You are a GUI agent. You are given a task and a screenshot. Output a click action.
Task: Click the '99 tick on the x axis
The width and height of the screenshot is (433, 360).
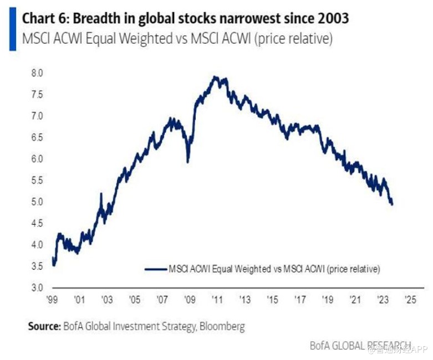pos(52,300)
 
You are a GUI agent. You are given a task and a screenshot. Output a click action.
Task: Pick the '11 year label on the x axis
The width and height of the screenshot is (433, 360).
pos(217,300)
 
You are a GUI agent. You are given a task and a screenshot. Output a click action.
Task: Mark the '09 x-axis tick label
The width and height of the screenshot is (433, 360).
pos(190,300)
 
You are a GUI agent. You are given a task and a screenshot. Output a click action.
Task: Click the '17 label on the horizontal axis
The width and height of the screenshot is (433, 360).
pos(299,300)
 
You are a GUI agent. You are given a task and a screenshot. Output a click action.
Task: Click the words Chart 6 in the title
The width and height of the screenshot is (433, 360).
pos(43,18)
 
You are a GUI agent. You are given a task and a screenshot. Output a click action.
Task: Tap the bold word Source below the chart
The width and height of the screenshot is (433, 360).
pos(44,326)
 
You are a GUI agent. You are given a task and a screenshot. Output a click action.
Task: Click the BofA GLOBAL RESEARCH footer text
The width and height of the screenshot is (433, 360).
pos(360,345)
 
